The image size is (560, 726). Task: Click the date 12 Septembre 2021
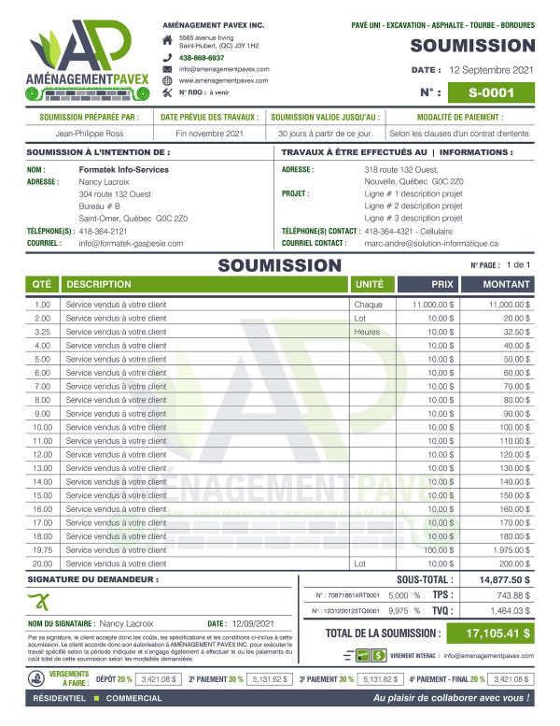(x=504, y=70)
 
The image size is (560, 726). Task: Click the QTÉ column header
(x=42, y=283)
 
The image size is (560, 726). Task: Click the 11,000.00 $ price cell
(x=431, y=305)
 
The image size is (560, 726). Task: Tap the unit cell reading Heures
(x=367, y=332)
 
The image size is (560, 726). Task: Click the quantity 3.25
(x=42, y=332)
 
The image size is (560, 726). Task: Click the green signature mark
(x=44, y=600)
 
